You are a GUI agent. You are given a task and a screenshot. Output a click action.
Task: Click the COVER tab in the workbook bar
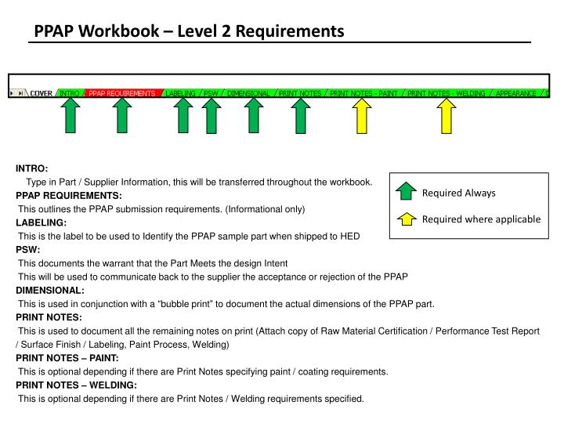(41, 93)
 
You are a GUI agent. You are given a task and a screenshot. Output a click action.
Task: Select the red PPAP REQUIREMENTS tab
(121, 93)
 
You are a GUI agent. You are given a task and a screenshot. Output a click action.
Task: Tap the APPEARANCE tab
(515, 93)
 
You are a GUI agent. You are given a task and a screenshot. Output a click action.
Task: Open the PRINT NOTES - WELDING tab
(446, 93)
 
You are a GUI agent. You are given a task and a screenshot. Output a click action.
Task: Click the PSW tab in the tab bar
(210, 93)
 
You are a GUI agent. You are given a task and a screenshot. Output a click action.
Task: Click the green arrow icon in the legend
(405, 193)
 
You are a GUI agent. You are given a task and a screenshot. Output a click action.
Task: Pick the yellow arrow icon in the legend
(405, 219)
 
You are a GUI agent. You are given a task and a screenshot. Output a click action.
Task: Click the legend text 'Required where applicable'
(481, 219)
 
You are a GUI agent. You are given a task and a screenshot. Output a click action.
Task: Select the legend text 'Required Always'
(459, 193)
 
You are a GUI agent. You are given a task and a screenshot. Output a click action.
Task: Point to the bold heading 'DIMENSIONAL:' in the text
(49, 290)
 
